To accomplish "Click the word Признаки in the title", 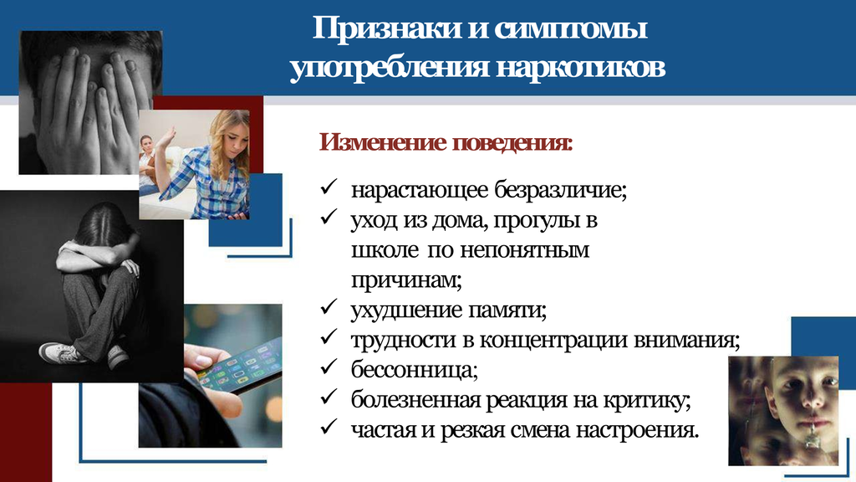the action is (x=387, y=28).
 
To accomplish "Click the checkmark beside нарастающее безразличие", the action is (x=329, y=187).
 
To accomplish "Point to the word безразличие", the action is (x=561, y=190).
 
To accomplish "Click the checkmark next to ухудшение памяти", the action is (x=329, y=307).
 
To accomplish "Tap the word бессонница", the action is (x=415, y=370).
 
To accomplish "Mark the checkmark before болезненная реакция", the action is (x=329, y=397).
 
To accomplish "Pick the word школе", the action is (x=385, y=250).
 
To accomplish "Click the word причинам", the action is (x=406, y=280).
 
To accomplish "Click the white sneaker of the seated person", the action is (x=61, y=353).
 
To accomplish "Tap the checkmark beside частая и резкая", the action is (x=329, y=427).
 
